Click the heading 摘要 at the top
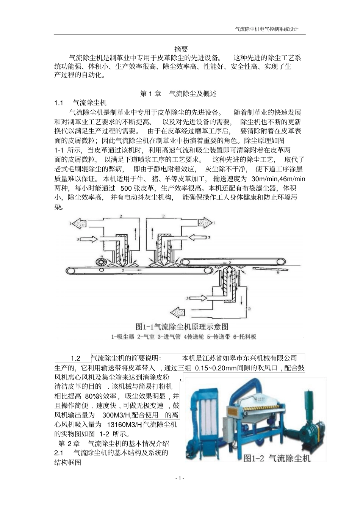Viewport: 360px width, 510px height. (x=181, y=49)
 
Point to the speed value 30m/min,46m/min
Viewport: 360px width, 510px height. (x=278, y=179)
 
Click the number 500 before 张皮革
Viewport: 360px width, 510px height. (x=126, y=188)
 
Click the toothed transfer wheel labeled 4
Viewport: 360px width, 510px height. (x=102, y=261)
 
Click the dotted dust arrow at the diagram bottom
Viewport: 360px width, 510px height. (x=178, y=312)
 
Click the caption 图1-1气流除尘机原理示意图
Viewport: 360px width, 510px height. (x=182, y=326)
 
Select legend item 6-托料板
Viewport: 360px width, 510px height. (x=245, y=336)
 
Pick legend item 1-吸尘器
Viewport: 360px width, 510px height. (x=123, y=336)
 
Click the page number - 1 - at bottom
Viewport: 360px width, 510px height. (x=180, y=478)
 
